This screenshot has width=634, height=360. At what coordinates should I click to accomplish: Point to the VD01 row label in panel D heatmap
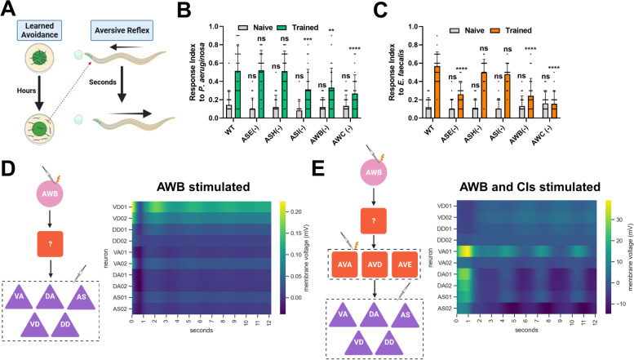[117, 207]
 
